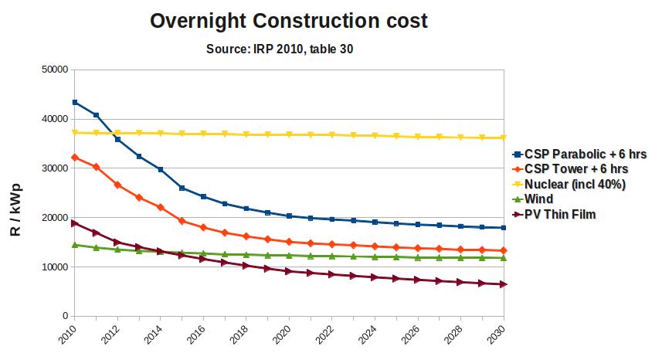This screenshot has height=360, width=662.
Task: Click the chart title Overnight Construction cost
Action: [x=289, y=21]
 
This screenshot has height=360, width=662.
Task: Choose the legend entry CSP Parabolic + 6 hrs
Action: [x=584, y=154]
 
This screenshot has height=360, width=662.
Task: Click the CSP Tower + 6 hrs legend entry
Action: [x=575, y=168]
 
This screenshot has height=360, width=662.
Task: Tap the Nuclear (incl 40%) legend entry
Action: [x=574, y=184]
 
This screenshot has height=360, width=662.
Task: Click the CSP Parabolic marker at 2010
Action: [x=74, y=102]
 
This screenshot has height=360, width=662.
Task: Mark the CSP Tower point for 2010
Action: [x=74, y=158]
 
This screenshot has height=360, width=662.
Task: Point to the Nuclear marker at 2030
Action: [x=504, y=138]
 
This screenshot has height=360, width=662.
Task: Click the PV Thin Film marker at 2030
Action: [x=504, y=284]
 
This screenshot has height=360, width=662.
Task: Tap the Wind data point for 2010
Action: [x=74, y=245]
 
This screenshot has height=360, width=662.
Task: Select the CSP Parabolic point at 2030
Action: [x=504, y=228]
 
